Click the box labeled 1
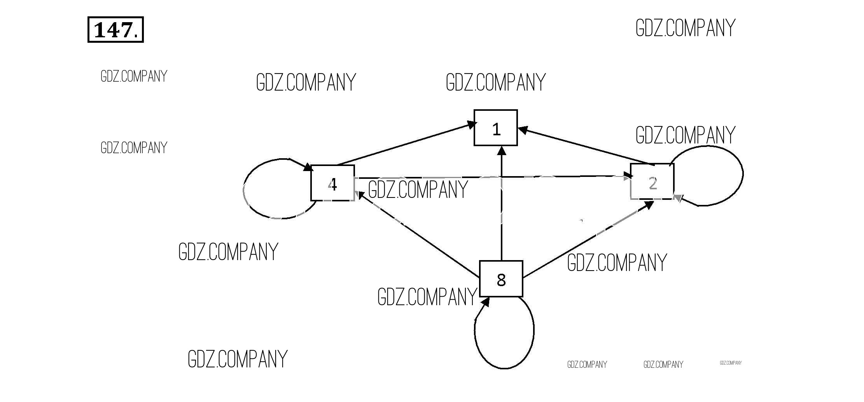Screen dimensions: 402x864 (x=495, y=128)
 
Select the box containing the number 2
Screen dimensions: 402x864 (x=652, y=182)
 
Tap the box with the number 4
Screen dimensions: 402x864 (x=332, y=183)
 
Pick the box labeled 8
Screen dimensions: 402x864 (x=501, y=279)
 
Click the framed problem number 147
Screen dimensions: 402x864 (x=115, y=30)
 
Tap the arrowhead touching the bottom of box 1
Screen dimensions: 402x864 (x=502, y=151)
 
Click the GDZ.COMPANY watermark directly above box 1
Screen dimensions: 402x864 (x=496, y=82)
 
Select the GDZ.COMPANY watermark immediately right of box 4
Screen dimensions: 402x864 (x=418, y=190)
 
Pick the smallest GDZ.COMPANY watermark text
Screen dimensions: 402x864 (x=731, y=363)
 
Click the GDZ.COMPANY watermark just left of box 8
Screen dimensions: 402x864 (x=427, y=297)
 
